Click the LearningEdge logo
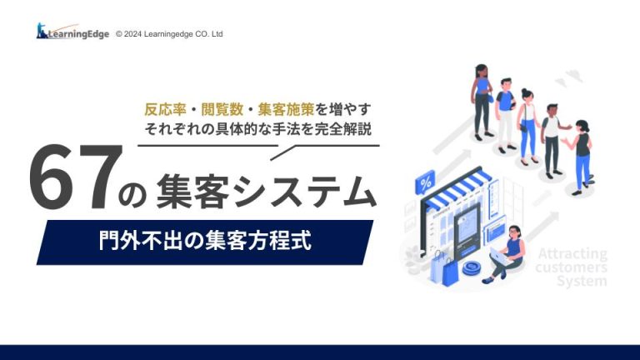72,32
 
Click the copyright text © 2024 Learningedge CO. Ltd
169,34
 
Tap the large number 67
76,177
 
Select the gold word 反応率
165,109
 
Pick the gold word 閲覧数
222,109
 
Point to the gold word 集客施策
286,109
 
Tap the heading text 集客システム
266,191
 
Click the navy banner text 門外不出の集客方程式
205,240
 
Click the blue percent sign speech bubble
425,182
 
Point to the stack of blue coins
473,268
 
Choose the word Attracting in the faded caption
572,254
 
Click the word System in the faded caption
582,281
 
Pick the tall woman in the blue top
482,101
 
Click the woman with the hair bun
527,126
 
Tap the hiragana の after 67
132,196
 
